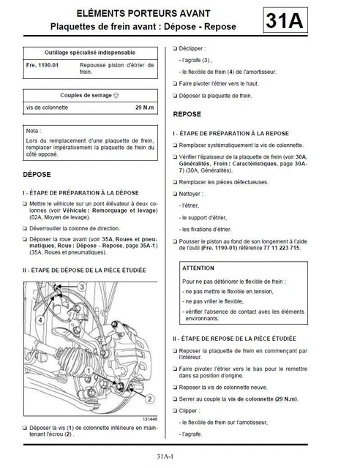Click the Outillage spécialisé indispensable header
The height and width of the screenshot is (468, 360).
pyautogui.click(x=87, y=53)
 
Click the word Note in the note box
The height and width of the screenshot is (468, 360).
pyautogui.click(x=33, y=131)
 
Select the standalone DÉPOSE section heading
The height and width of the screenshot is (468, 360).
pyautogui.click(x=38, y=176)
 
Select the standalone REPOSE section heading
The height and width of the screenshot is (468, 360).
pyautogui.click(x=187, y=115)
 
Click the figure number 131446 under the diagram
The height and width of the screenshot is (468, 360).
pyautogui.click(x=146, y=418)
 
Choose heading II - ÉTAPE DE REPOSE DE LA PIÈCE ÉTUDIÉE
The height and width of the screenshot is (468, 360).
pyautogui.click(x=235, y=339)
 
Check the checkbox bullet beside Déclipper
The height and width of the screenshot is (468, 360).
pyautogui.click(x=176, y=49)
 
